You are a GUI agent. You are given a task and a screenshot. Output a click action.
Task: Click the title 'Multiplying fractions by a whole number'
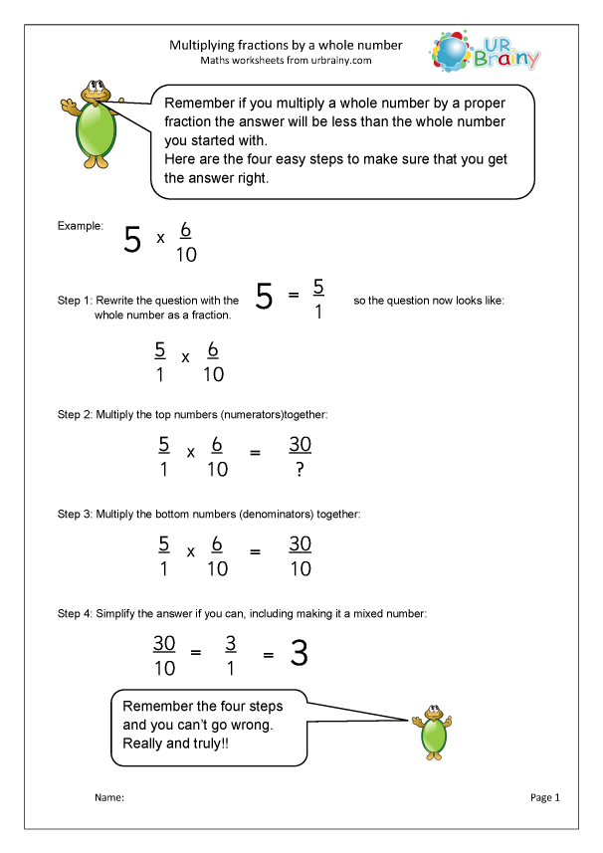(286, 45)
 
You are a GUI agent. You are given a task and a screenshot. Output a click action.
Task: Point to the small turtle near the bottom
(434, 732)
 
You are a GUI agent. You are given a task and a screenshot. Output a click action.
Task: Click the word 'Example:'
(80, 226)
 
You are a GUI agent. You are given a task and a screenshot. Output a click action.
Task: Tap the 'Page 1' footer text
(546, 797)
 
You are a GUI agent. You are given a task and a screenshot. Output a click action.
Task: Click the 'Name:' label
(108, 798)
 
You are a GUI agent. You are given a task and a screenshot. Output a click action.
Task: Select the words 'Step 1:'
(76, 300)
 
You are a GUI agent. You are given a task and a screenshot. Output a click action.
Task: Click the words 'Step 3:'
(76, 515)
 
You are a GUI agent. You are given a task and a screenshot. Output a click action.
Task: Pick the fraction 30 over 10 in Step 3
(300, 556)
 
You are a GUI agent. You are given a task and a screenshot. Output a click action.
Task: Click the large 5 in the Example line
(132, 241)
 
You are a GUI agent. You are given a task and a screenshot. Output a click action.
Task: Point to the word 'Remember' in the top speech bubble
(198, 103)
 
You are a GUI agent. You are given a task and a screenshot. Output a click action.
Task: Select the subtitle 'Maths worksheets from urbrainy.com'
(286, 61)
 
